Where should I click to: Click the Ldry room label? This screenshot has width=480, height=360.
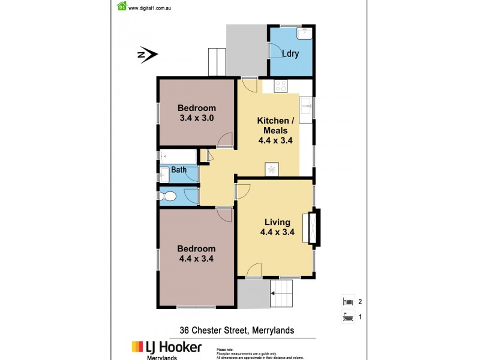coord(291,54)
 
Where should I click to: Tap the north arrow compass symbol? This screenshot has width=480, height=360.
coord(148,56)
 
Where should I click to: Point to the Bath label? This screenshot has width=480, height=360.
coord(179,170)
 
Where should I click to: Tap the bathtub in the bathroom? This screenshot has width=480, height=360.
coord(178,157)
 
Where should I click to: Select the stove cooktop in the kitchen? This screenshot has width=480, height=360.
coord(280,86)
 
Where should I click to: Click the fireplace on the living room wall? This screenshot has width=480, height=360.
coord(313,227)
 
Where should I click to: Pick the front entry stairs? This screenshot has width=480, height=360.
coord(281,294)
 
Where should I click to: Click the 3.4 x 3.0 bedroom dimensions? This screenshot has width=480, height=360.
coord(196,118)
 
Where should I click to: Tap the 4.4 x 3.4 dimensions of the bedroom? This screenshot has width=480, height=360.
coord(196,259)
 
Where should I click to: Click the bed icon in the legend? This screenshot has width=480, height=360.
coord(347,302)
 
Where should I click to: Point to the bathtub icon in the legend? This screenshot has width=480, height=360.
coord(347,316)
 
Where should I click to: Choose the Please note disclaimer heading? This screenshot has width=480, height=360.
coord(225,349)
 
